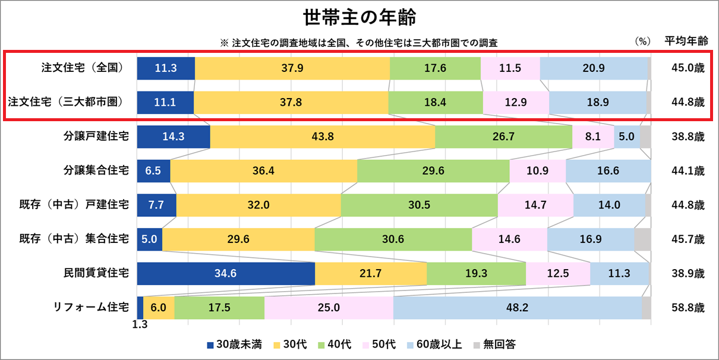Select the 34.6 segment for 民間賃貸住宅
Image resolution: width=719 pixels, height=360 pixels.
point(226,274)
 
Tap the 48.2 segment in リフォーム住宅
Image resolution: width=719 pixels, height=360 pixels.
point(517,308)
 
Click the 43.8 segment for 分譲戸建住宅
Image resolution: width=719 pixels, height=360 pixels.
point(323,137)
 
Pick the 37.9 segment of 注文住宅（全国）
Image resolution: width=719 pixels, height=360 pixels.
point(292,68)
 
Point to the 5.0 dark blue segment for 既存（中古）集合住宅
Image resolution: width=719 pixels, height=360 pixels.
point(150,239)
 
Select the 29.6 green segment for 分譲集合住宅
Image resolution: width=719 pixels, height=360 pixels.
point(433,171)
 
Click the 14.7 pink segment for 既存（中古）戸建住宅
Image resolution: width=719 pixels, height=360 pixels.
point(535,206)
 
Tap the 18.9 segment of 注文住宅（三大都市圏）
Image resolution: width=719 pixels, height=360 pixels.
point(597,102)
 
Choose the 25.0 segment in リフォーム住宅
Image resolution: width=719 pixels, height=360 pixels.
point(329,308)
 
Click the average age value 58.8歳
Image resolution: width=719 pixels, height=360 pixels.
point(685,308)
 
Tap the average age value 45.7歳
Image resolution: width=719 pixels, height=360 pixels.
point(685,239)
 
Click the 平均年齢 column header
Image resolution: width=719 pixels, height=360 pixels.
point(686,41)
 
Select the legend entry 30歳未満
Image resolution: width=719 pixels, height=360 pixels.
point(234,345)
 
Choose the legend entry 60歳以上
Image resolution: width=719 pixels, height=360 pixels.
point(433,345)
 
